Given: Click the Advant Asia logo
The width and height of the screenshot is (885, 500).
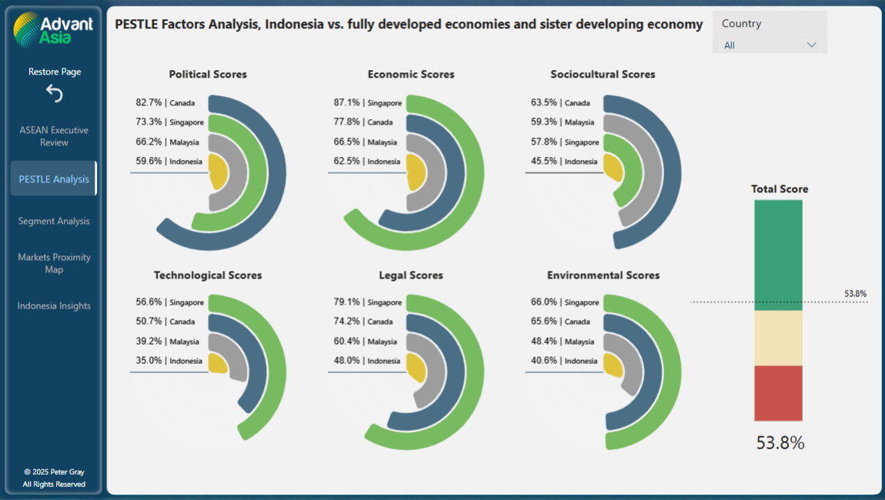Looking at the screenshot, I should [53, 30].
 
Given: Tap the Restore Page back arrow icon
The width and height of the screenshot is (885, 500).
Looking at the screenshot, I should [54, 93].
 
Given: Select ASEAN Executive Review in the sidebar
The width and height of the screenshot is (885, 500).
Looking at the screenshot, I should [54, 136].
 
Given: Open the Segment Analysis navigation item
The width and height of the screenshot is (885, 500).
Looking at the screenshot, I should [54, 221].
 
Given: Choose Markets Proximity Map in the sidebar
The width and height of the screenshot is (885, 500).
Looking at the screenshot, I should [54, 263].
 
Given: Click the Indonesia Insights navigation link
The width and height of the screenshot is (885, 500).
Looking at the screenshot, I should [54, 305].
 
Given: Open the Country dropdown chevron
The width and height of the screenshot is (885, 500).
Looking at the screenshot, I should [811, 45].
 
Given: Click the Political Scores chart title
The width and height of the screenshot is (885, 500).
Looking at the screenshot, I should [208, 75].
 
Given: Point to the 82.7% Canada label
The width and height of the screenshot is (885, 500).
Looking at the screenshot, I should [165, 102].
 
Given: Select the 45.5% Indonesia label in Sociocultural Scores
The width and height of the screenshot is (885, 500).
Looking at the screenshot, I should [564, 162].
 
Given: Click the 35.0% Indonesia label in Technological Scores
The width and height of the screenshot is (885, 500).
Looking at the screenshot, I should [166, 361].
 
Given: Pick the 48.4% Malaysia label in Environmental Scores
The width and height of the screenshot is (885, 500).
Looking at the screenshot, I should [563, 342].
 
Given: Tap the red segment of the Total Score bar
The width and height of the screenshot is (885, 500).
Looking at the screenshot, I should [778, 393].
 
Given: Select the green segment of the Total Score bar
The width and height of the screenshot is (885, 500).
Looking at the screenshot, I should [778, 254].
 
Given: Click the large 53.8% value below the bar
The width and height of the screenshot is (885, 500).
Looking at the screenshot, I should [780, 443].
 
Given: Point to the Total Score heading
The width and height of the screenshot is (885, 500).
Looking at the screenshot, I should [780, 189].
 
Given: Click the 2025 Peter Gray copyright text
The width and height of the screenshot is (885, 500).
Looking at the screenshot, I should [54, 472].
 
